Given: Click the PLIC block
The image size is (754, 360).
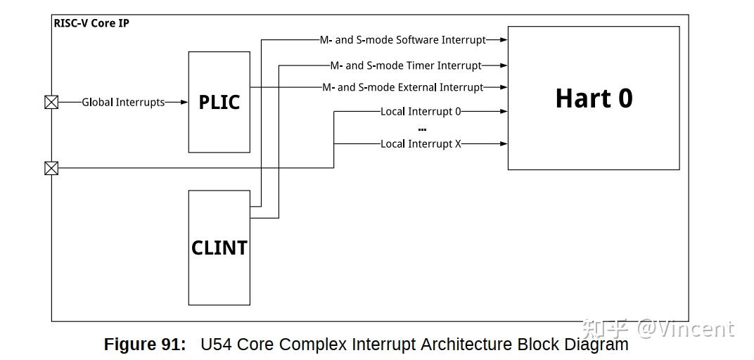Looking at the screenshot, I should pyautogui.click(x=219, y=102).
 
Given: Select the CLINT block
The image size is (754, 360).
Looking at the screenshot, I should pyautogui.click(x=219, y=247).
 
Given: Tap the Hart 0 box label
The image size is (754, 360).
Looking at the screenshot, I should pyautogui.click(x=594, y=98).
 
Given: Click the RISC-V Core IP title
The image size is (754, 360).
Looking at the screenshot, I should pyautogui.click(x=91, y=23).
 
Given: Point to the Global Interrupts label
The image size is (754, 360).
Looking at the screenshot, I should pyautogui.click(x=123, y=102).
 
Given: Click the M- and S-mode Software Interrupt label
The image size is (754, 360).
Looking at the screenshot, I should pyautogui.click(x=402, y=40).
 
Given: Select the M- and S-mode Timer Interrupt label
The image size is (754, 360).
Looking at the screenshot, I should pyautogui.click(x=406, y=65).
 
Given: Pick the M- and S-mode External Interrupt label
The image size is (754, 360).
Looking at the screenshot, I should pyautogui.click(x=402, y=87).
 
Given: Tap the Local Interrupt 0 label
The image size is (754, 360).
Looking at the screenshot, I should pyautogui.click(x=421, y=111).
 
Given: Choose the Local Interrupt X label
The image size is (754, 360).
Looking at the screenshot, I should pyautogui.click(x=421, y=143).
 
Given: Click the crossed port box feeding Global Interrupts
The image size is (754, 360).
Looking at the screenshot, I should pyautogui.click(x=51, y=102).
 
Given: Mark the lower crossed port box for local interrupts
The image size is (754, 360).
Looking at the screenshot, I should pyautogui.click(x=51, y=168).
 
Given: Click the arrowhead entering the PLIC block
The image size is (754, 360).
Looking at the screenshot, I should pyautogui.click(x=184, y=102).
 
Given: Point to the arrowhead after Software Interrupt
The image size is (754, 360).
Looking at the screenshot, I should pyautogui.click(x=504, y=40).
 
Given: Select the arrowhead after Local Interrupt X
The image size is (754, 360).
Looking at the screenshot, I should pyautogui.click(x=504, y=143).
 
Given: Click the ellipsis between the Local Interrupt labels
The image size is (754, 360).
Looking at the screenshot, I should pyautogui.click(x=422, y=129).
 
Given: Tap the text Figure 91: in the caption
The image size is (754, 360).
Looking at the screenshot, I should pyautogui.click(x=145, y=345).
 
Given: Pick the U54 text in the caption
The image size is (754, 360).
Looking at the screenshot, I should pyautogui.click(x=216, y=345).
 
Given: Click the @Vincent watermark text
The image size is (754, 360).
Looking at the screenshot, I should pyautogui.click(x=685, y=328).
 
